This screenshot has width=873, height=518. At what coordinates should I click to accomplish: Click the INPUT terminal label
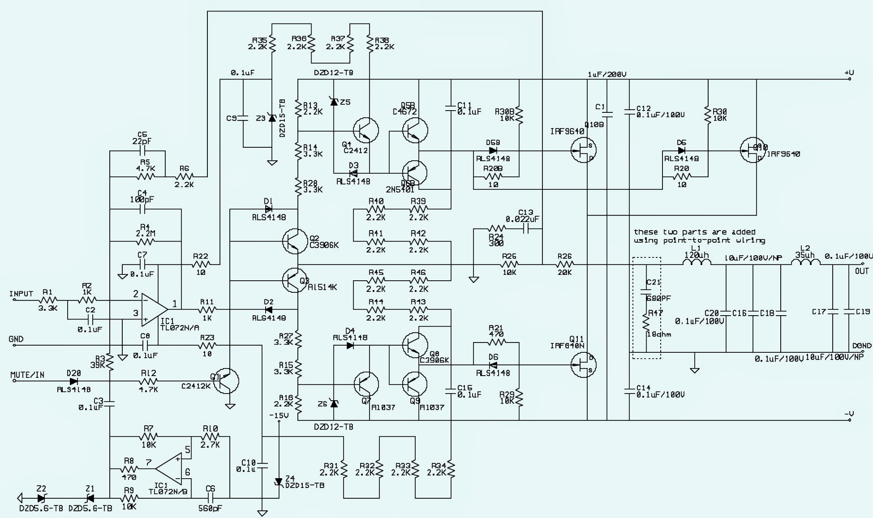coord(21,294)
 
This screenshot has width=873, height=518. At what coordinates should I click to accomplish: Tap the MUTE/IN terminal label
coord(27,375)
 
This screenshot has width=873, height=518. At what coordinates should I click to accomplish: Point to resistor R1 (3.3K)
coord(48,300)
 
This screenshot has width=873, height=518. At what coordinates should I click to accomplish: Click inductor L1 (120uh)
coord(696,264)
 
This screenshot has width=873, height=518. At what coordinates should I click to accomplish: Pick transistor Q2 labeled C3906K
coord(295,240)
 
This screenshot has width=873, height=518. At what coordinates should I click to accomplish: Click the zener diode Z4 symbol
coord(279,481)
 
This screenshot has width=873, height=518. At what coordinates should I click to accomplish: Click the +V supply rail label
coord(848,73)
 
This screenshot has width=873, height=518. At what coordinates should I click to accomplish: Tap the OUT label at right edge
coord(862,271)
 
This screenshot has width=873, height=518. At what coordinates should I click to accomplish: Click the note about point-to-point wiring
coord(699,236)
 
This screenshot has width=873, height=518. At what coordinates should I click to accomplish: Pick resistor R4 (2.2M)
coord(145,240)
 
